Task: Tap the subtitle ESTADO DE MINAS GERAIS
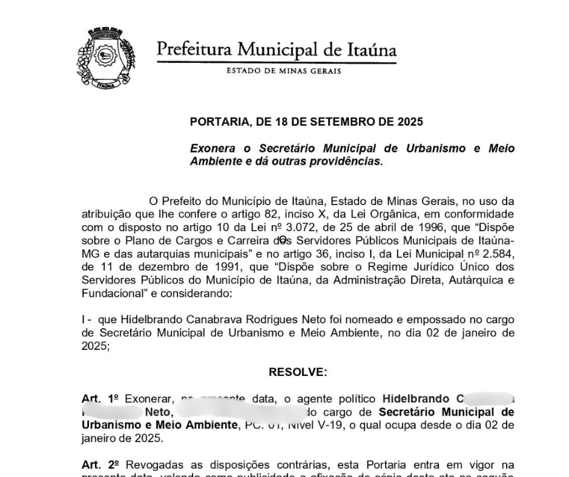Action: (x=283, y=71)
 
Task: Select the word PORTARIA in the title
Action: (x=220, y=121)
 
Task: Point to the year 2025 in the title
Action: (x=410, y=121)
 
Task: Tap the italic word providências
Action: (x=346, y=161)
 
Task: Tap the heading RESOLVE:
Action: (x=297, y=371)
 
